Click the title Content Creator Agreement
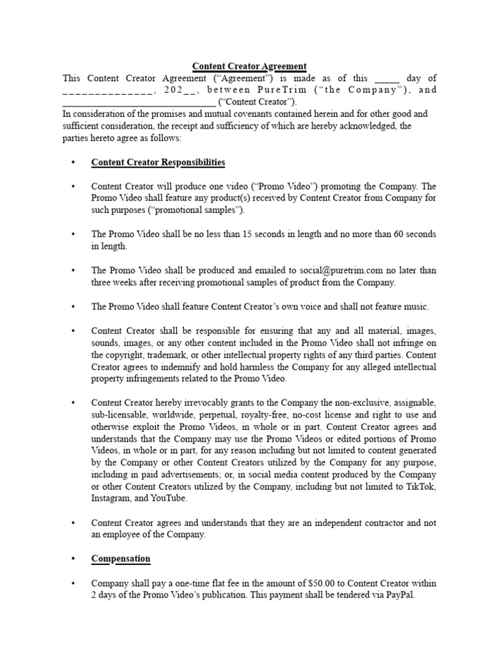tap(249, 66)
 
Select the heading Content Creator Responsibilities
tap(158, 162)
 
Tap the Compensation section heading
tap(121, 558)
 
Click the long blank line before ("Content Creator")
tap(139, 101)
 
